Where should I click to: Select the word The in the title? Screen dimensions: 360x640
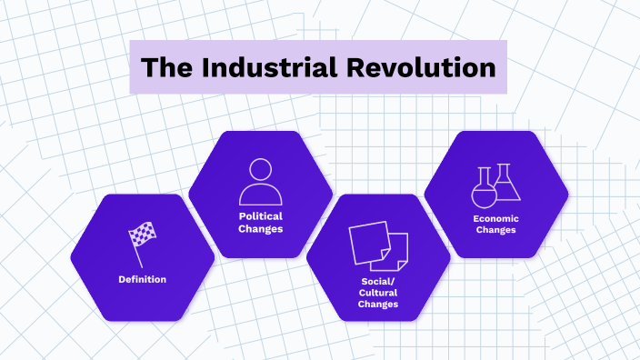166,68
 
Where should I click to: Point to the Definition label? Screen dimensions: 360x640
142,279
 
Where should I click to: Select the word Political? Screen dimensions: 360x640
261,216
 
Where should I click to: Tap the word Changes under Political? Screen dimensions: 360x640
261,229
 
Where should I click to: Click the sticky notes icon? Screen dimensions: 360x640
378,245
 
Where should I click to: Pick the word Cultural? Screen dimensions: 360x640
378,292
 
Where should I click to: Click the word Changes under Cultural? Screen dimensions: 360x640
378,305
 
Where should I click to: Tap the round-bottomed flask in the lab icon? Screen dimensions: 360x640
483,189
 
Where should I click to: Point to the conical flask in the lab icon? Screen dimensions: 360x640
506,184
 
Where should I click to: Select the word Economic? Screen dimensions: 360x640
495,218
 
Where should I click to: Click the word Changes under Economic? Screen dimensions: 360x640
495,231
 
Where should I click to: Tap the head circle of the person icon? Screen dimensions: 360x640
261,169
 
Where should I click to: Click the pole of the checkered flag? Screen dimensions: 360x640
136,251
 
